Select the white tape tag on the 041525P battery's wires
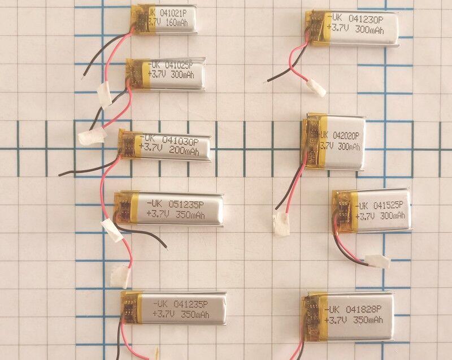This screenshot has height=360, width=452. point(376,261)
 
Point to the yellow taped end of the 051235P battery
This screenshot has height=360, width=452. point(124,208)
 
